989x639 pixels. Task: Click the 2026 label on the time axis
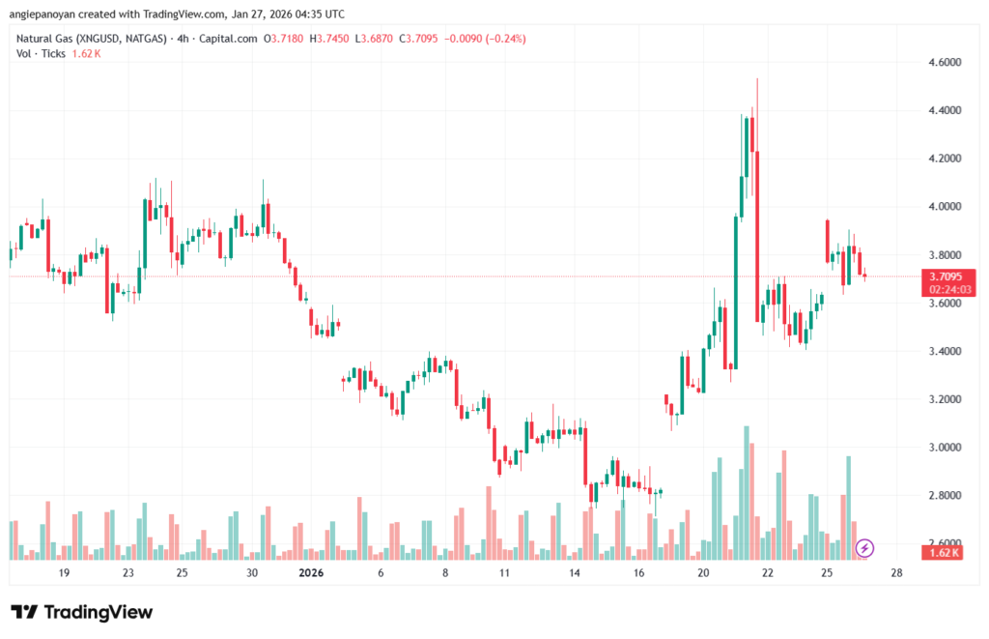[312, 573]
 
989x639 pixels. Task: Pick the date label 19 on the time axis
[64, 573]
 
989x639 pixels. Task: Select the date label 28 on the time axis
[896, 573]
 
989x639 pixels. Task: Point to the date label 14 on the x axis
[574, 573]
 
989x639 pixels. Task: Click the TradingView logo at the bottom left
[82, 612]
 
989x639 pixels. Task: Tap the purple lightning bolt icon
[865, 548]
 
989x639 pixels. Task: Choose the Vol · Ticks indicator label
[42, 53]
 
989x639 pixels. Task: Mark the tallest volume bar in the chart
[747, 493]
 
